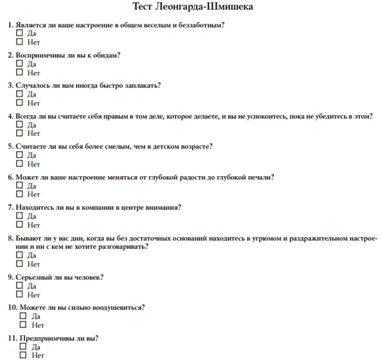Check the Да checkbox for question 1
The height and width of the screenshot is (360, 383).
point(19,33)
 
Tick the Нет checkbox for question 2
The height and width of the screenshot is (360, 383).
point(19,72)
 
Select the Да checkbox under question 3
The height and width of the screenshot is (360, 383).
point(19,94)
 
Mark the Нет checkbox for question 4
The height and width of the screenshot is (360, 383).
point(19,133)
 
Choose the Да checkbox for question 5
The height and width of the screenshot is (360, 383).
point(19,155)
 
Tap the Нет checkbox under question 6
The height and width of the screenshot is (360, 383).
point(19,194)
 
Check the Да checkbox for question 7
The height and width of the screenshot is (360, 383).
point(19,216)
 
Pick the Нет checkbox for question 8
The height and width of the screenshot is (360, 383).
point(19,264)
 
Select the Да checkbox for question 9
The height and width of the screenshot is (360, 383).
point(19,286)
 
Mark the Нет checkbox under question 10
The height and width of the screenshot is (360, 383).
point(23,325)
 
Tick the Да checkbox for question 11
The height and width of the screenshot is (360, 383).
point(23,347)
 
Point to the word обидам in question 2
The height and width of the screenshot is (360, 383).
point(104,55)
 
